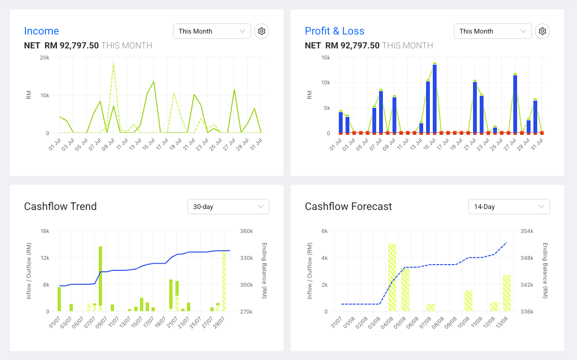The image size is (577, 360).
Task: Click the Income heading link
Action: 42,31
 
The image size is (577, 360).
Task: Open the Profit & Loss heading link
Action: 335,31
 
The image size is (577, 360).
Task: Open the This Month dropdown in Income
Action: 212,31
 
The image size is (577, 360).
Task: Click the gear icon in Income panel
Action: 262,31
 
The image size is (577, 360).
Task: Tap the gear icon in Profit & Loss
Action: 542,31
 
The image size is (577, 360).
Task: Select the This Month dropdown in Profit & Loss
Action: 493,31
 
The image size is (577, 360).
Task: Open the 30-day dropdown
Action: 228,207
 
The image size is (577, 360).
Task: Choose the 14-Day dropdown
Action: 509,207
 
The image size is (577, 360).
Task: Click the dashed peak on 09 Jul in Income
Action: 114,63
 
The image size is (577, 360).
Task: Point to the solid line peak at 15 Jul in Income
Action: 154,81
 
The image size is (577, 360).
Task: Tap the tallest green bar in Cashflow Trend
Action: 100,276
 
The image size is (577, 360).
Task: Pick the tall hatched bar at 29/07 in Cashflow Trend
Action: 224,281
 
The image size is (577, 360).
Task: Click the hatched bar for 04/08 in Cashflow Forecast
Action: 392,277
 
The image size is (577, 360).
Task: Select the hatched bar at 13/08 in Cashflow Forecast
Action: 507,293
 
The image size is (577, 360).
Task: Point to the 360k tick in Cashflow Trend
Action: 246,231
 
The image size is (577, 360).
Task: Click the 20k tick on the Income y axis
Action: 45,58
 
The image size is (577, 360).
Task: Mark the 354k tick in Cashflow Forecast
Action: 527,231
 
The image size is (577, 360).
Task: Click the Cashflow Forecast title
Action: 348,207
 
